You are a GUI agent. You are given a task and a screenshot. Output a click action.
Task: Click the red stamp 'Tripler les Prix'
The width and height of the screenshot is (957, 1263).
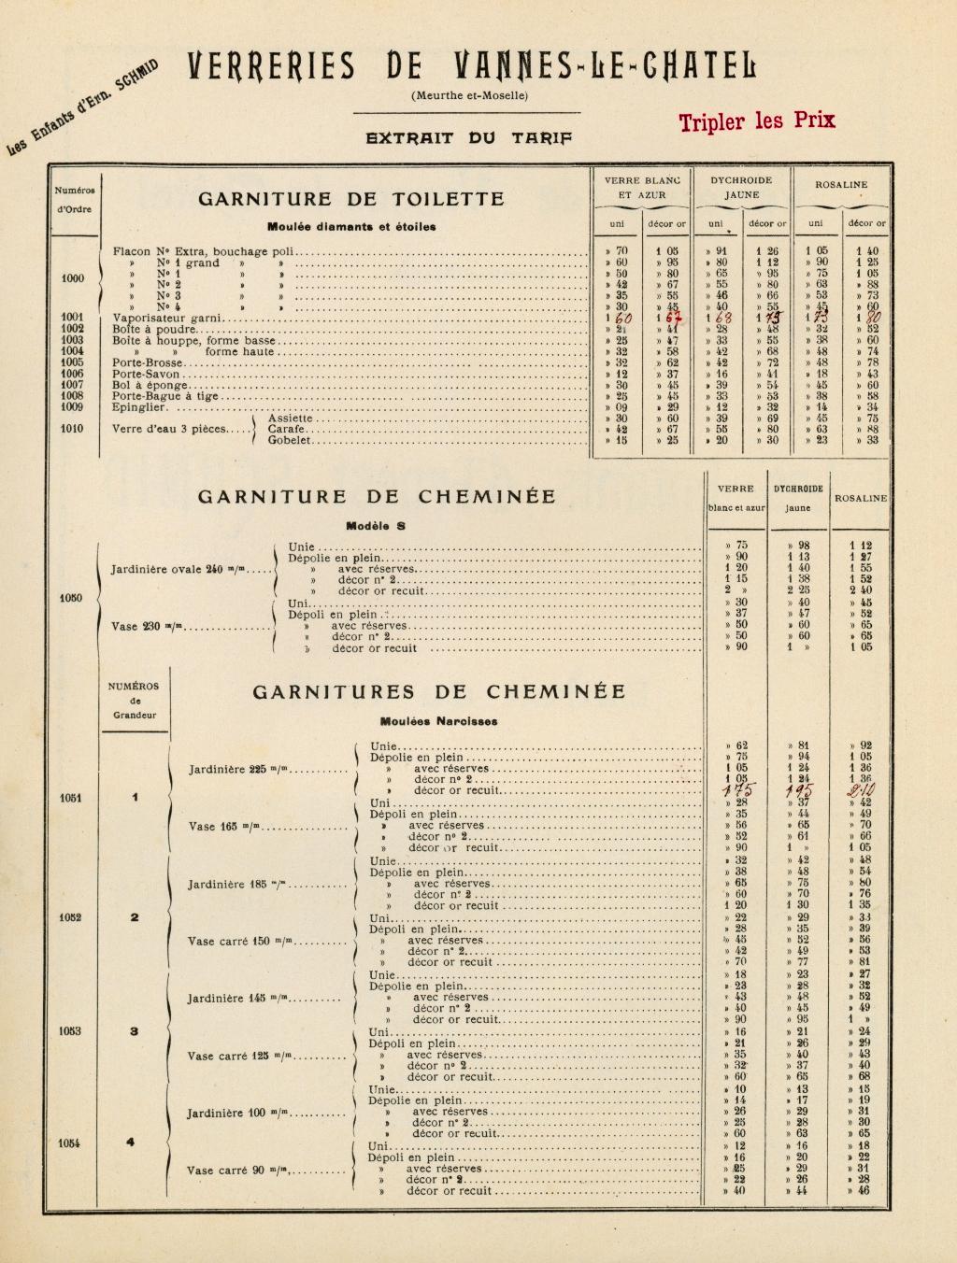[757, 121]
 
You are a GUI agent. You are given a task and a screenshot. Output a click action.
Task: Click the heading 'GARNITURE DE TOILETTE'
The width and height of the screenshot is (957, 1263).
[350, 199]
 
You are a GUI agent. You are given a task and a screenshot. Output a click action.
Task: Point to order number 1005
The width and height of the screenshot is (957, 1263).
[72, 362]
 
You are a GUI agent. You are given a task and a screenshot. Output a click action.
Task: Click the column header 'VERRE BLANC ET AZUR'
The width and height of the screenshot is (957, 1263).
[642, 187]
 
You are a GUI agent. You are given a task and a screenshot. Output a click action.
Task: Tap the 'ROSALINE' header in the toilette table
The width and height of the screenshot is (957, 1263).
[840, 185]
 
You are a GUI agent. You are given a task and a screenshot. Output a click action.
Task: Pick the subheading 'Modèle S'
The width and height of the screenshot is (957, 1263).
[376, 526]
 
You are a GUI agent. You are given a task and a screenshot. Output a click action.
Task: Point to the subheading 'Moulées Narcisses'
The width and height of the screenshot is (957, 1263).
[438, 720]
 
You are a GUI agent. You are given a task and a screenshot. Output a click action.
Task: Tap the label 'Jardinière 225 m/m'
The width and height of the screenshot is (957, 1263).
[239, 770]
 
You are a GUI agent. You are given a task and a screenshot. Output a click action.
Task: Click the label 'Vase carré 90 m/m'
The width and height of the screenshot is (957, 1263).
[238, 1171]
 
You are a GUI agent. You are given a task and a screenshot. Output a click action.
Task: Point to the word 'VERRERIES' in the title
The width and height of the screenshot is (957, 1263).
[271, 67]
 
